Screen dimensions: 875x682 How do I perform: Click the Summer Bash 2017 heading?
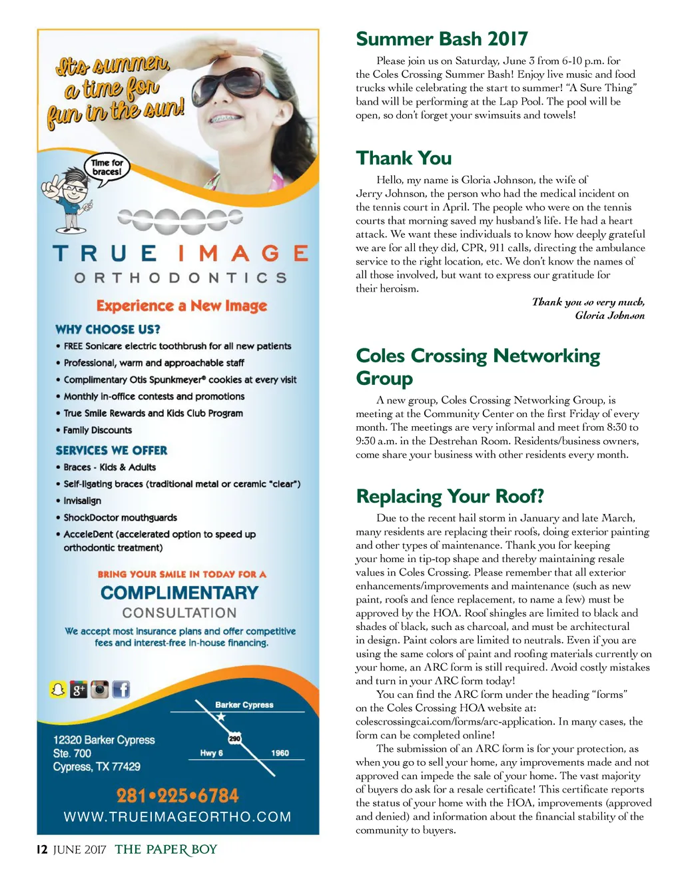442,39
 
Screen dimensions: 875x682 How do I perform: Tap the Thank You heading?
404,158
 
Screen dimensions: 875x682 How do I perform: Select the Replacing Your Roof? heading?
450,496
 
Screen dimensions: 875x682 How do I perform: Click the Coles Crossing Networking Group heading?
478,366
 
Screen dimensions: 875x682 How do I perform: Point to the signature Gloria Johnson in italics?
609,316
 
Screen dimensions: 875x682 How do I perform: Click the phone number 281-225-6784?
177,796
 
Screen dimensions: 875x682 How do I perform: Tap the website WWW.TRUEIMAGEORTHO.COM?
177,817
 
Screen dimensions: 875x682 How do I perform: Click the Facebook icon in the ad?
121,690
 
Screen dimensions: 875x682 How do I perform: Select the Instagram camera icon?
99,690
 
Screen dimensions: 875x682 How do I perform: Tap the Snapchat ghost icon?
58,690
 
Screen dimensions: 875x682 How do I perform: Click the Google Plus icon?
79,690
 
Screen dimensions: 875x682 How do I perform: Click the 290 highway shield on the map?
234,738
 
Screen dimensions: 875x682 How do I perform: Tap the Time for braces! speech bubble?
107,167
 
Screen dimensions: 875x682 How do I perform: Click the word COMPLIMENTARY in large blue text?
179,593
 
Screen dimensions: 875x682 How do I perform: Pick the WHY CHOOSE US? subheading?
108,329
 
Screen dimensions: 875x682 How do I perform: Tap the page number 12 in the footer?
42,850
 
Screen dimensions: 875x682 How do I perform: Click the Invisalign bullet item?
82,501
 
